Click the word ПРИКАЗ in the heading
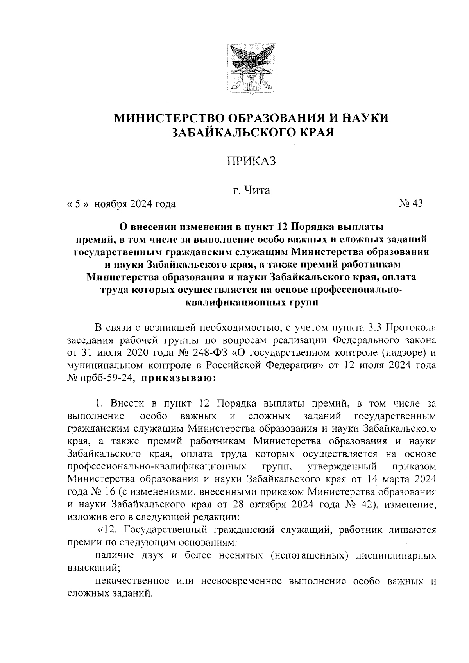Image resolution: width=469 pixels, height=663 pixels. click(x=252, y=161)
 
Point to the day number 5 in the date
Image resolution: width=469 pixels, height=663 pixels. click(x=78, y=204)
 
